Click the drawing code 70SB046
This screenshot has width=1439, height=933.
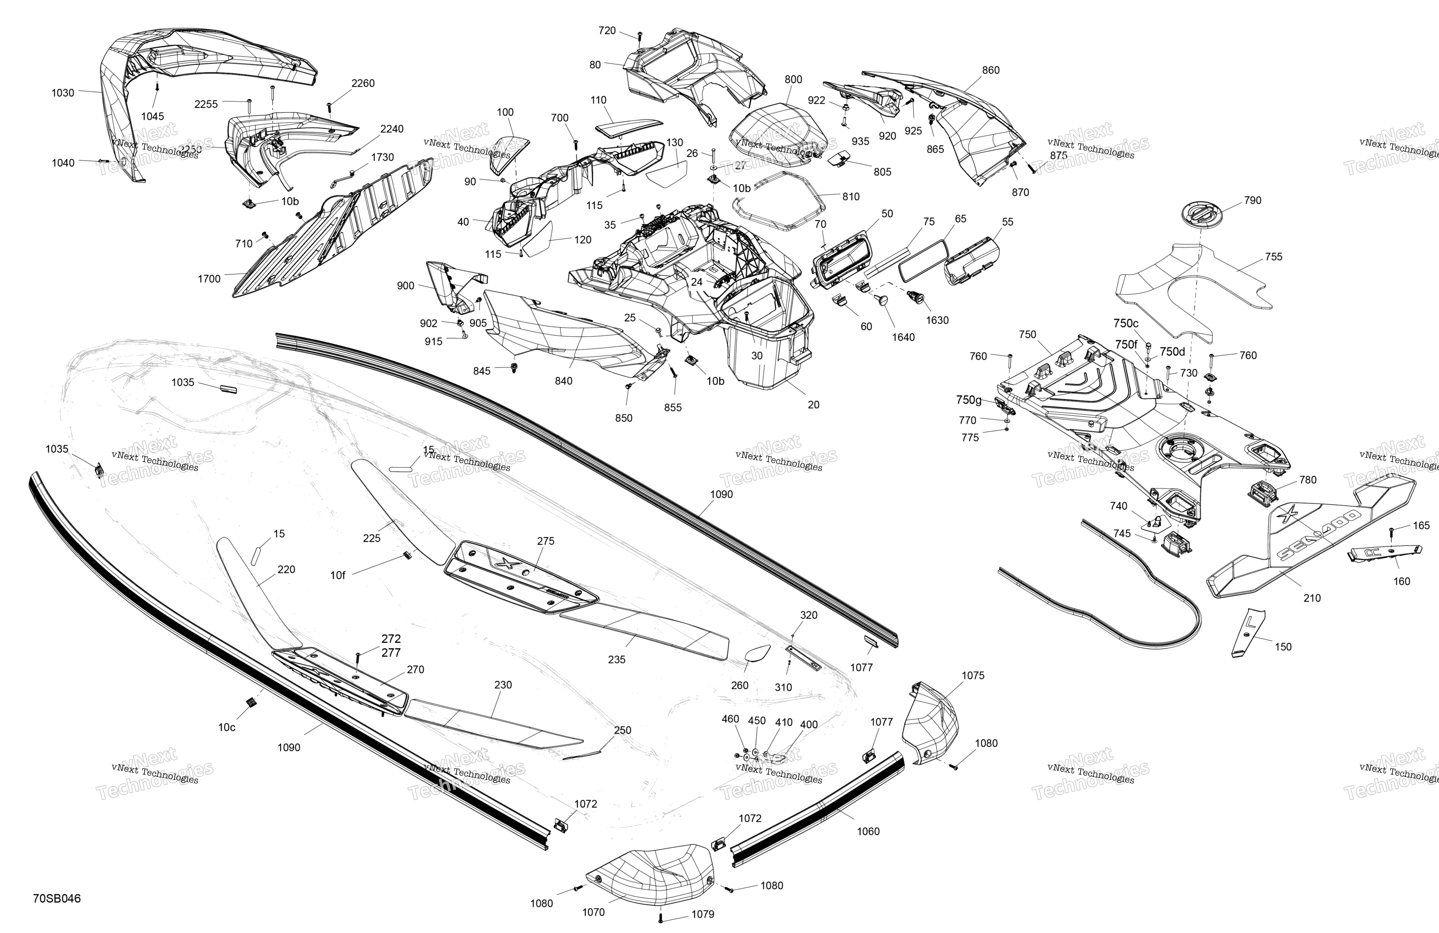[x=57, y=898]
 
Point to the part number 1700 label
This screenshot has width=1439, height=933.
[x=209, y=279]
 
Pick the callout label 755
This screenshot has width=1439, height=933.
[x=1273, y=256]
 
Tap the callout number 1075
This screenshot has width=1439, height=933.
[x=973, y=676]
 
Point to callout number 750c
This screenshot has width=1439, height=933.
[x=1126, y=323]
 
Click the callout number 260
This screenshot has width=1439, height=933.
[x=739, y=685]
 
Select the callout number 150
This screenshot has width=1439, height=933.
[x=1283, y=646]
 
